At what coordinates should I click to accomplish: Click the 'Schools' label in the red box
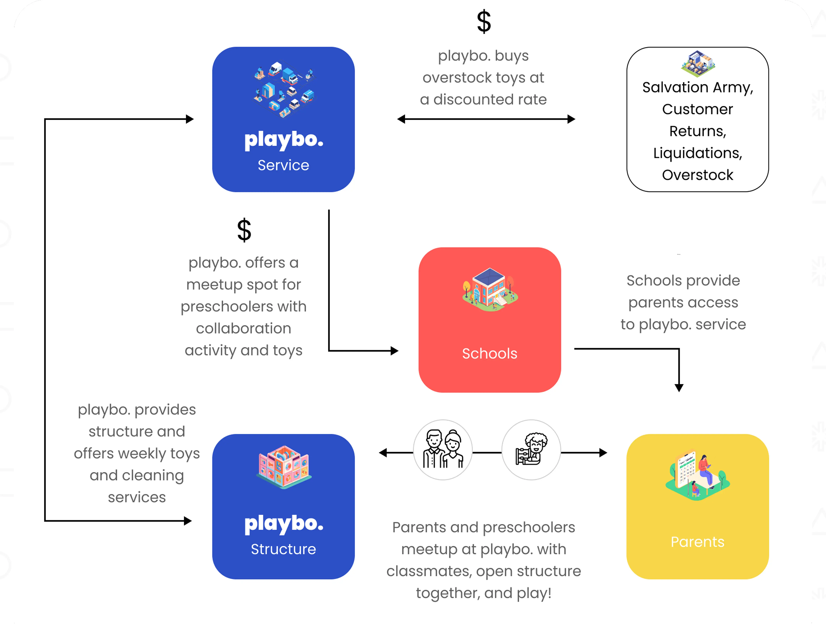pos(489,353)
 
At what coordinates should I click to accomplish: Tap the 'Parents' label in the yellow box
pos(697,542)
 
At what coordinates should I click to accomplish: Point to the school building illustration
pos(489,290)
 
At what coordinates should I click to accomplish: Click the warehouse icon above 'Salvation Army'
pos(698,63)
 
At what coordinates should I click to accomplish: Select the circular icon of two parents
pos(443,449)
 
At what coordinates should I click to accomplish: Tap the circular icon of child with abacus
pos(531,449)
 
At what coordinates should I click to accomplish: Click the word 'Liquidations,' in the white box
pos(698,153)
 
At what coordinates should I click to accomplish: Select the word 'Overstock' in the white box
pos(698,175)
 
